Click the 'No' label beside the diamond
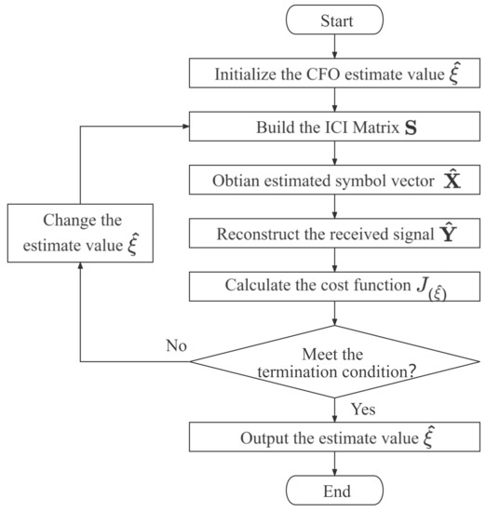[x=175, y=346]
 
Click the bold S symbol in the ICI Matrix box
[x=411, y=122]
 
